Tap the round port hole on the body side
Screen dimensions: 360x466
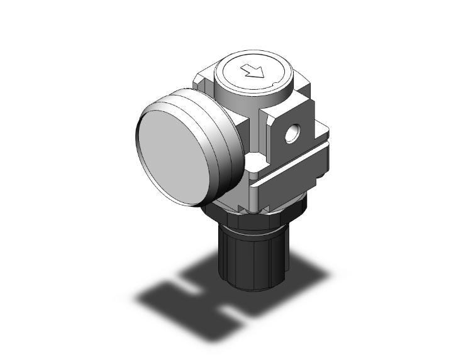(x=291, y=134)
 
